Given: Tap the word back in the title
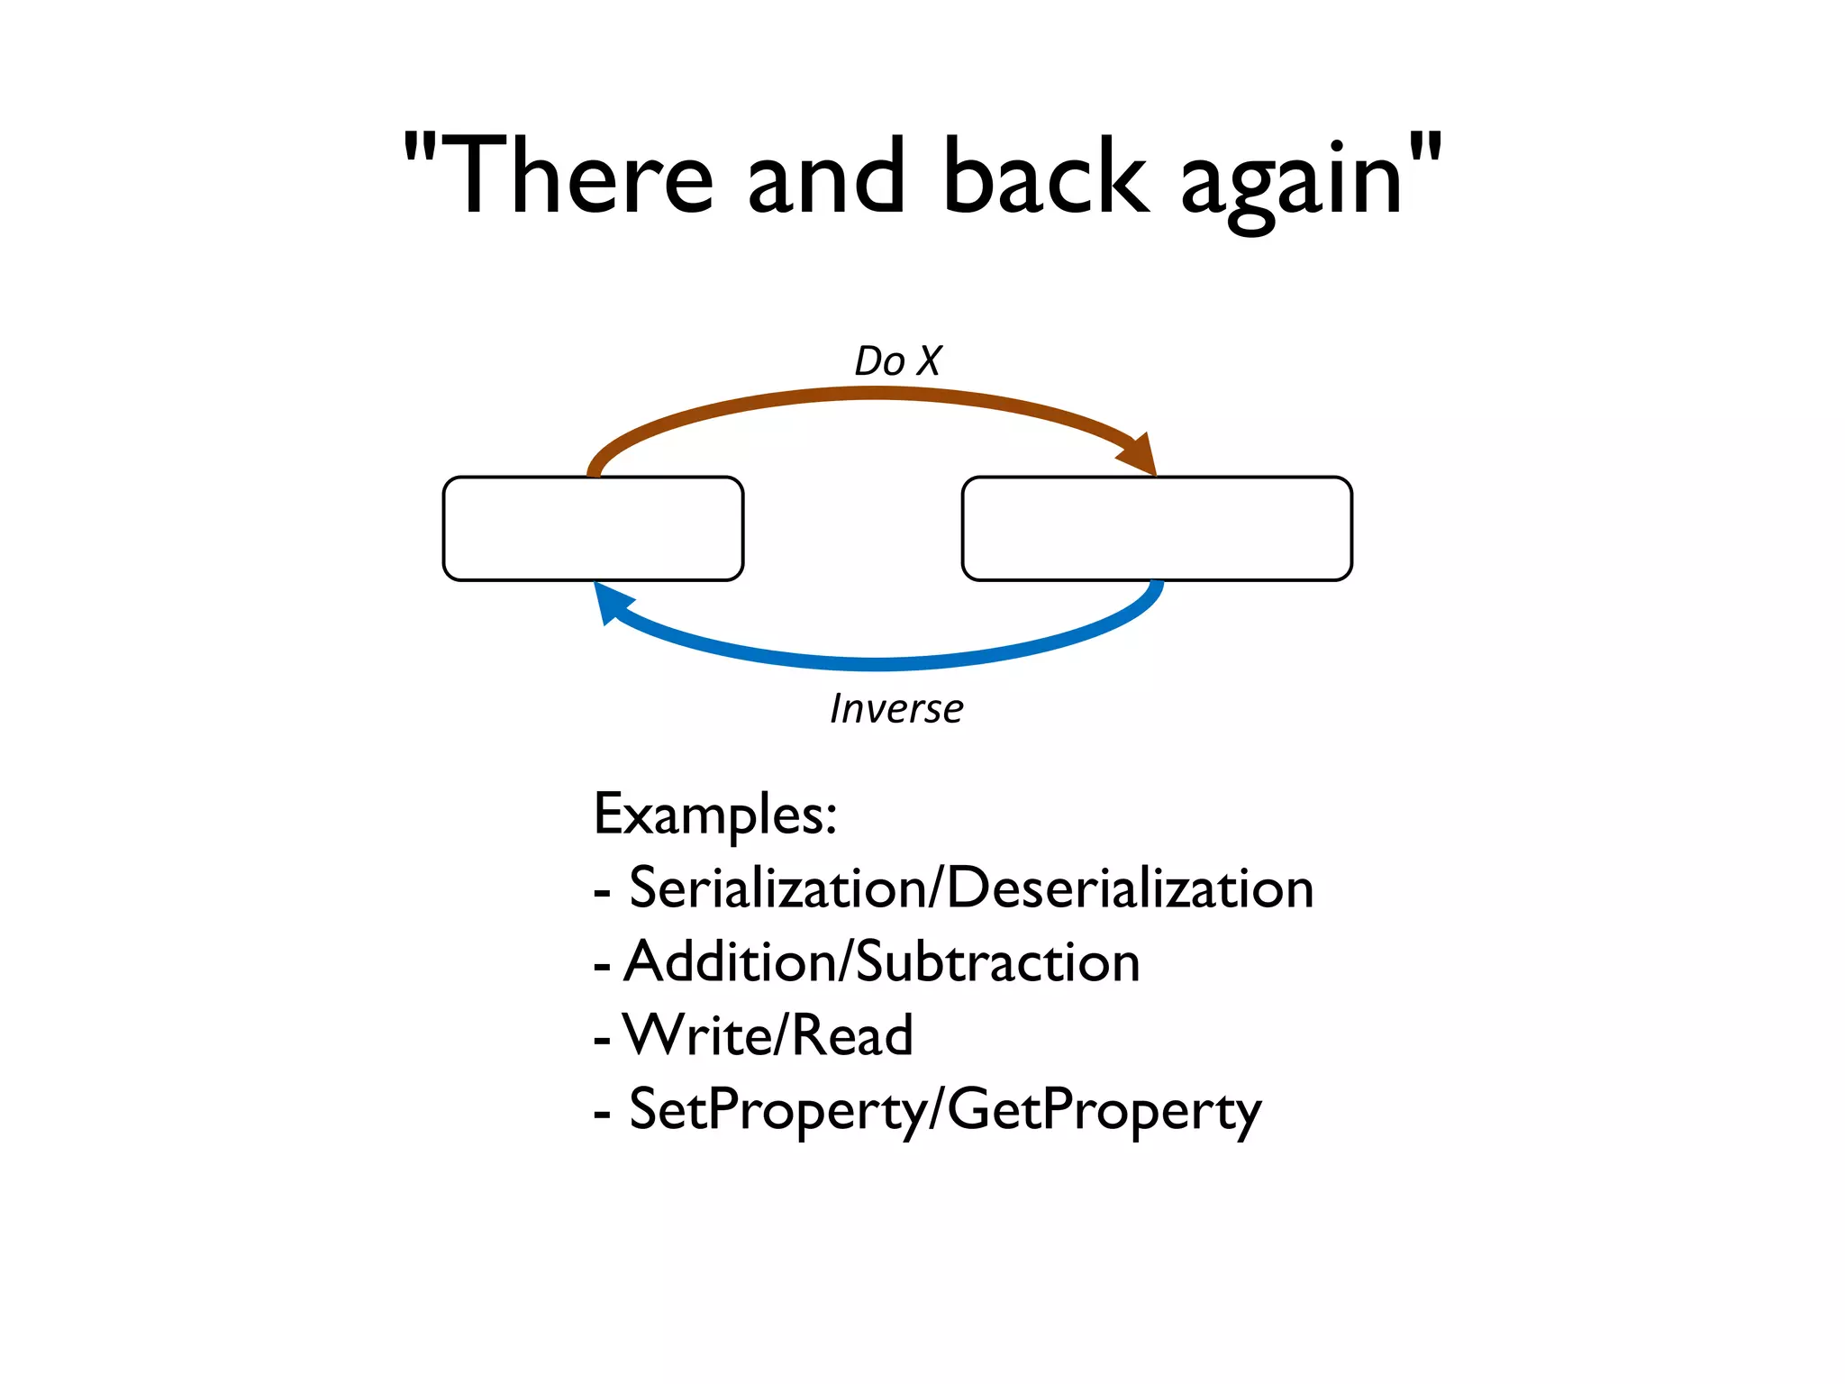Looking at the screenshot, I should pos(1045,177).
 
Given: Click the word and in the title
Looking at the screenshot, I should pos(825,177).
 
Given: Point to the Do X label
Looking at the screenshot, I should pos(897,361).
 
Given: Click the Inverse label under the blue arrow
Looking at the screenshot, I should pos(896,709).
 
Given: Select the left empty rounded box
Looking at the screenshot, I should pos(593,529).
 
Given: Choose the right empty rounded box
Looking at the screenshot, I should pos(1157,529).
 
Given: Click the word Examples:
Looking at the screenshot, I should pos(715,815).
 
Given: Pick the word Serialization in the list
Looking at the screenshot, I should pos(777,888).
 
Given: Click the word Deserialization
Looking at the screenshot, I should pos(1130,888).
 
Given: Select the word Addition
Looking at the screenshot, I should pos(730,962).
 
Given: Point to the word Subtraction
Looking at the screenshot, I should pos(997,962).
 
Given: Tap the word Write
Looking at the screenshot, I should pos(695,1035).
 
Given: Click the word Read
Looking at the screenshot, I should pos(852,1035).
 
